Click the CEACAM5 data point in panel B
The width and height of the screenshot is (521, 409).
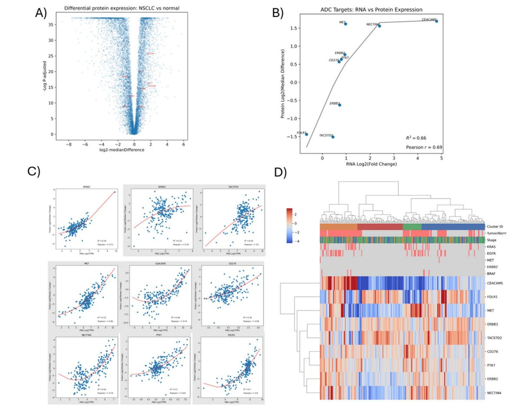tap(436, 21)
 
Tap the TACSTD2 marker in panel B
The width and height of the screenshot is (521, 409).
tap(333, 137)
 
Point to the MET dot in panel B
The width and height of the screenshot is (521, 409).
tap(346, 24)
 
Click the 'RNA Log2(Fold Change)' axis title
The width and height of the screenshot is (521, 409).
tap(371, 164)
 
